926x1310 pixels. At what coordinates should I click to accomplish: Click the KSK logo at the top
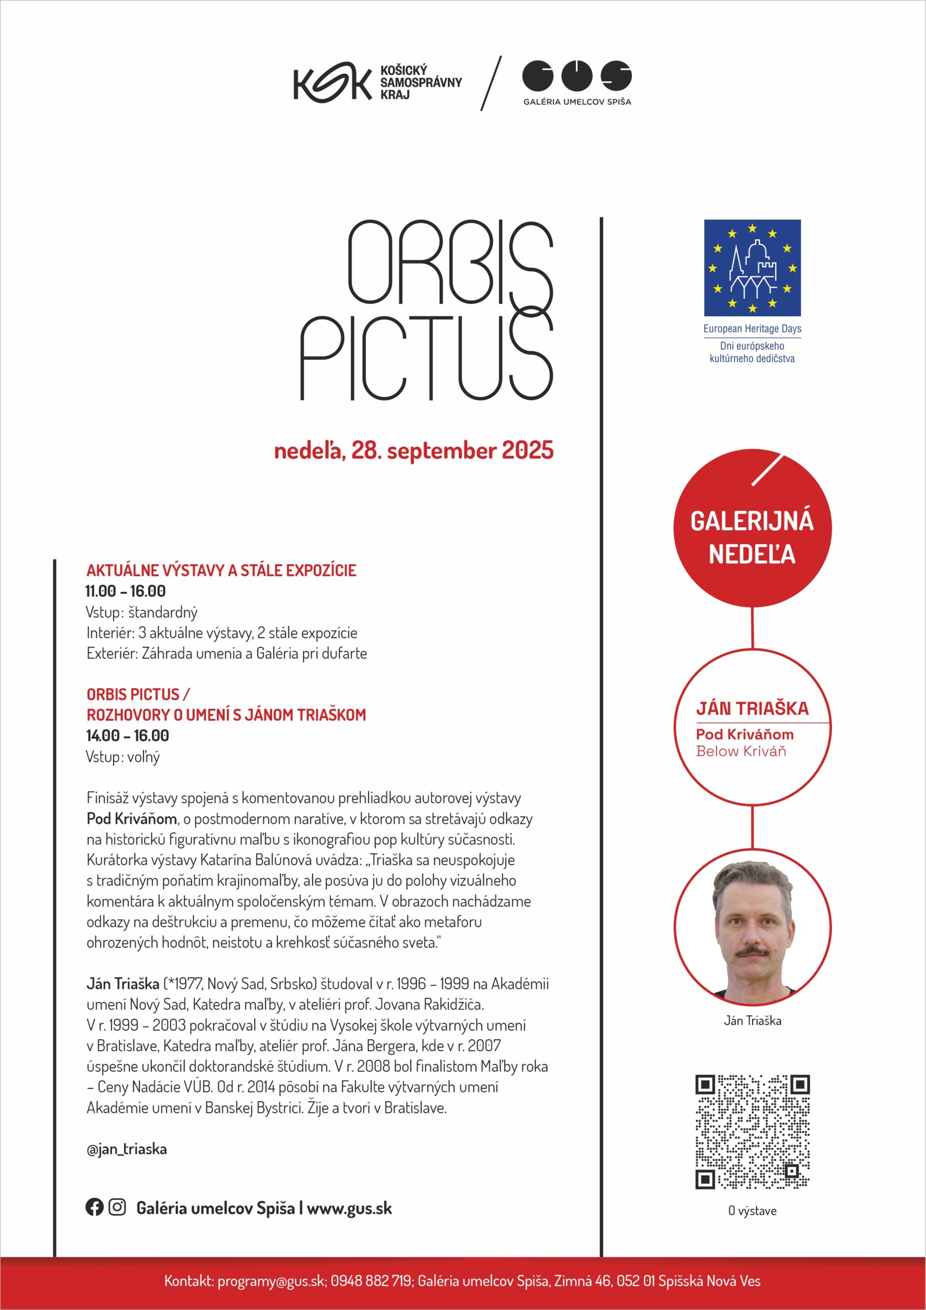click(332, 84)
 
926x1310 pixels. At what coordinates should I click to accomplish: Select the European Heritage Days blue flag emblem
click(752, 268)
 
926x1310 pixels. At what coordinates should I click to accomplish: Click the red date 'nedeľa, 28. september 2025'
click(413, 451)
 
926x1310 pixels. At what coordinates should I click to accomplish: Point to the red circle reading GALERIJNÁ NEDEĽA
click(752, 528)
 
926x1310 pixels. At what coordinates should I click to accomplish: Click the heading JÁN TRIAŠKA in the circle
click(752, 709)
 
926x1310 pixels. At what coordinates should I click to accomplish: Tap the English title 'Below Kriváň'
click(741, 751)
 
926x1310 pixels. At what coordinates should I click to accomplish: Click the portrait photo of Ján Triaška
click(752, 929)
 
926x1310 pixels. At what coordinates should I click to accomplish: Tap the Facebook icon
click(94, 1207)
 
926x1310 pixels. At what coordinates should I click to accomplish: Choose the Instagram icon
click(117, 1207)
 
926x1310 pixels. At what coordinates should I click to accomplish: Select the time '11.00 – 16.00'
click(125, 591)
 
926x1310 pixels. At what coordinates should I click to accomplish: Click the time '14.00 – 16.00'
click(127, 735)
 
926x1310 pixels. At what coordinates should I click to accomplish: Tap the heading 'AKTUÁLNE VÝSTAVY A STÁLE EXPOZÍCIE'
click(221, 571)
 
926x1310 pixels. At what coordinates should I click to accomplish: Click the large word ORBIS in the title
click(450, 263)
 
